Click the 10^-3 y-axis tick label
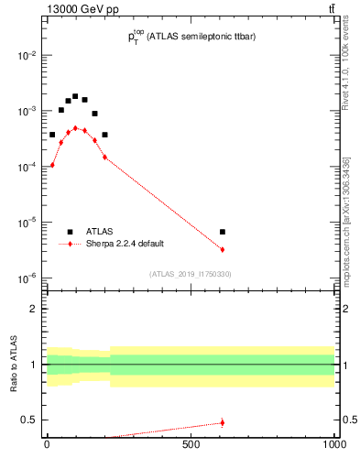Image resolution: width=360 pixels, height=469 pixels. coord(27,111)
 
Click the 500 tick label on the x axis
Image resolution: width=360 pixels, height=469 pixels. coord(191,444)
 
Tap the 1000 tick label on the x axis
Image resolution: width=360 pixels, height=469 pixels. coord(333,444)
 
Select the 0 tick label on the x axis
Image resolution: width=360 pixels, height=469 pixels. coord(47,444)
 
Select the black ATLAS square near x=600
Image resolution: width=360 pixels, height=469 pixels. coord(223,232)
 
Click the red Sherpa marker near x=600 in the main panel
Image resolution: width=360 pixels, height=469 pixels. coord(223,249)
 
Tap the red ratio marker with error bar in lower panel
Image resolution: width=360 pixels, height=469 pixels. coord(223,422)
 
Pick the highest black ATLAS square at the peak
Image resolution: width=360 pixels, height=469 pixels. coord(75,96)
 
